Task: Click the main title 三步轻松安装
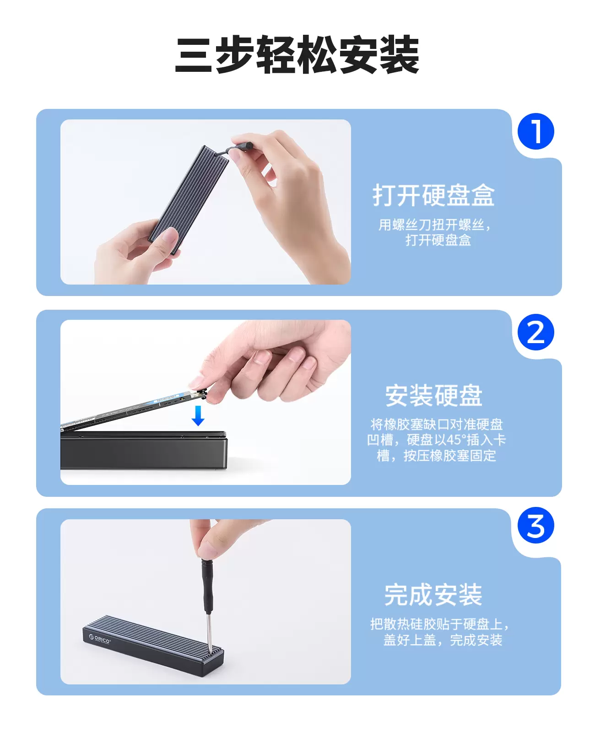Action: point(297,54)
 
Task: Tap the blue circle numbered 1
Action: point(535,131)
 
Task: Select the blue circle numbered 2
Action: point(535,332)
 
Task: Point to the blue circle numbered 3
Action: point(535,525)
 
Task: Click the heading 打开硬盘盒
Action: point(433,195)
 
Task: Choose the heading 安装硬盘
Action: point(433,396)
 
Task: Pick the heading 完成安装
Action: point(433,594)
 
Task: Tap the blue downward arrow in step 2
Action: point(198,416)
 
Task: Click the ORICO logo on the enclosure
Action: point(99,639)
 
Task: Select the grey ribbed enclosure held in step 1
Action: point(189,199)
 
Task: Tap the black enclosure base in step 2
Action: point(144,451)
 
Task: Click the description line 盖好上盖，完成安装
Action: point(443,640)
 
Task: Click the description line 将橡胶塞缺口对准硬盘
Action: point(437,425)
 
